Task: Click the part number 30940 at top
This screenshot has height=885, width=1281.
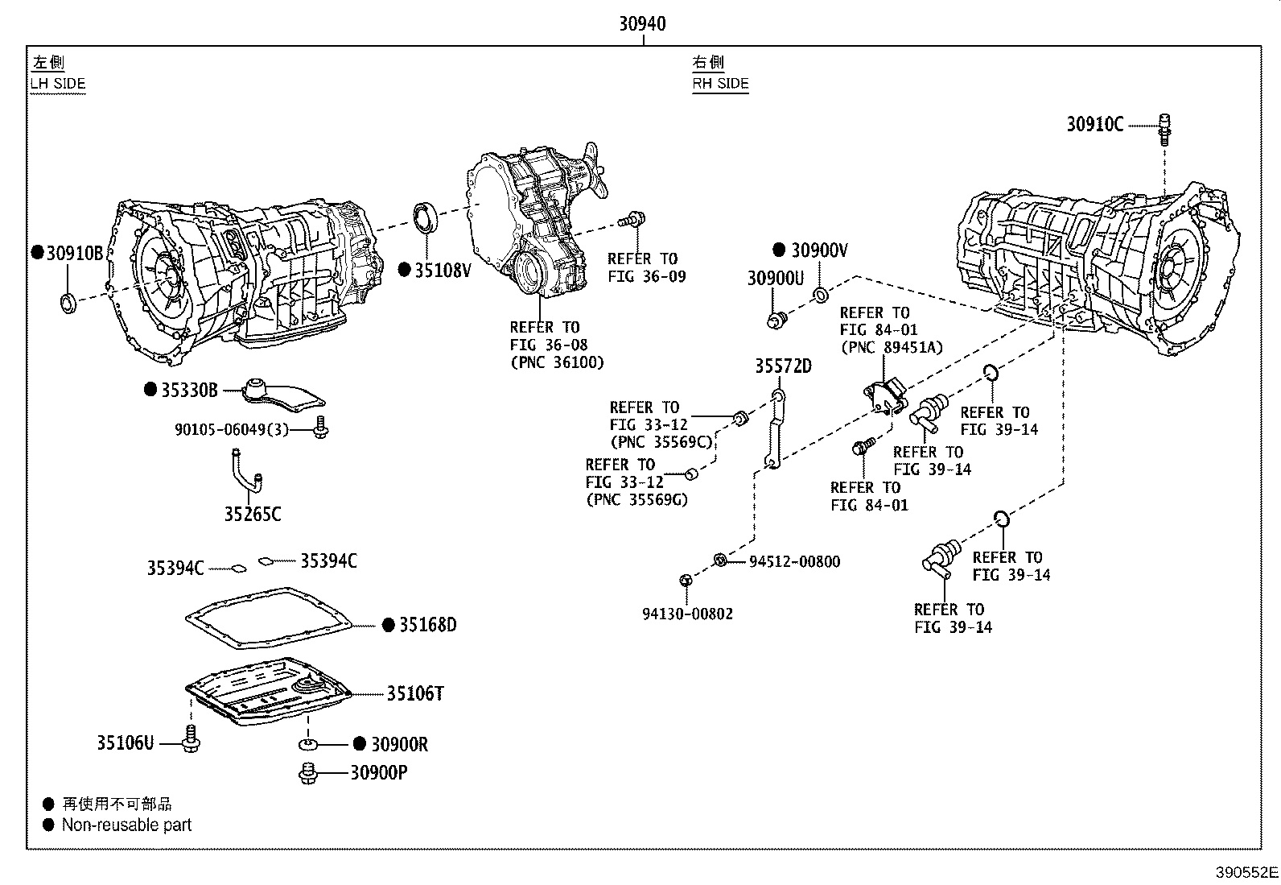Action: [x=641, y=24]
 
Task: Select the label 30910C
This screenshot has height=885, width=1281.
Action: [x=1094, y=124]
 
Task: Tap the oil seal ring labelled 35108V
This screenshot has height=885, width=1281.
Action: [x=426, y=219]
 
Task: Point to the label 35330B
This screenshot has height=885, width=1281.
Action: [x=188, y=391]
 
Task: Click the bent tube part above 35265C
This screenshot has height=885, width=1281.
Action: [x=245, y=475]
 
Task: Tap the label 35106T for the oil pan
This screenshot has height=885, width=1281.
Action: [x=414, y=693]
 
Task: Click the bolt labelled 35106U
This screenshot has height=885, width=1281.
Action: [x=191, y=738]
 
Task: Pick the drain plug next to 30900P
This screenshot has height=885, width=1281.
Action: [x=307, y=773]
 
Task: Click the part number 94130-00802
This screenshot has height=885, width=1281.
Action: [x=687, y=614]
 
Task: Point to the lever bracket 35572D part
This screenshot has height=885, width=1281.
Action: [x=775, y=431]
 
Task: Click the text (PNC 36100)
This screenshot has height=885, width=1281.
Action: [x=557, y=362]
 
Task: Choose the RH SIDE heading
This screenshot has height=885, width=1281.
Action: [x=720, y=84]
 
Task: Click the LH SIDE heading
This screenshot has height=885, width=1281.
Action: [x=58, y=84]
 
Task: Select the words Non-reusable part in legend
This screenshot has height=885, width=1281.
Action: [x=126, y=825]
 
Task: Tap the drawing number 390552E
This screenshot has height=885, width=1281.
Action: [x=1246, y=873]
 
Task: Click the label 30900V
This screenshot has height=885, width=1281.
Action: [x=819, y=250]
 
